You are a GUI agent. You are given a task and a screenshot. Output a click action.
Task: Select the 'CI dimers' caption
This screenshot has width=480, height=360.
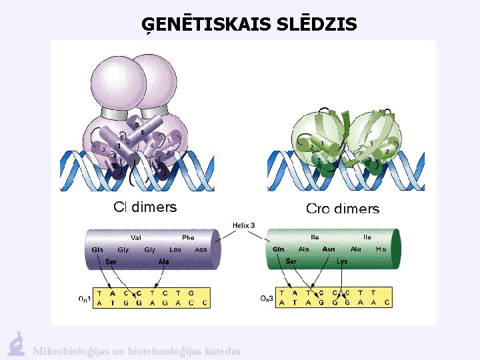point(145,207)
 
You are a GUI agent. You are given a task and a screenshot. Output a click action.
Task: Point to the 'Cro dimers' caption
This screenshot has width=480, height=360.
point(342,209)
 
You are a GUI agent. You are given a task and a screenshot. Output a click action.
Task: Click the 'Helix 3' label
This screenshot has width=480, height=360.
point(243,225)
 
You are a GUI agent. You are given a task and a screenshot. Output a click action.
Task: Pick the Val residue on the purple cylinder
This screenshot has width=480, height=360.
point(135,237)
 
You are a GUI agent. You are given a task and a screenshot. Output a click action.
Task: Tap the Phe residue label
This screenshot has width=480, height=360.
point(188,237)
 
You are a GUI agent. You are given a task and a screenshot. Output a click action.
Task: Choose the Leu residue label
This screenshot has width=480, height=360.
point(175,249)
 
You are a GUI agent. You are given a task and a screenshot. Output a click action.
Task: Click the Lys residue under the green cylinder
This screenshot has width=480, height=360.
point(343,261)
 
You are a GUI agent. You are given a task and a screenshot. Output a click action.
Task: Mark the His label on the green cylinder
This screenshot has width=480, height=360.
point(381,249)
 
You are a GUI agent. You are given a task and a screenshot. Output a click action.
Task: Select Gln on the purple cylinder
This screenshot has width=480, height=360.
point(98,249)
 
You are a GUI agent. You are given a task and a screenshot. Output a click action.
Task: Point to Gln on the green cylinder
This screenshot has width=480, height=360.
point(279,249)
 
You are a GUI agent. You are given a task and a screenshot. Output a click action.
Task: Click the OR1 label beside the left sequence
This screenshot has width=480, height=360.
point(84,297)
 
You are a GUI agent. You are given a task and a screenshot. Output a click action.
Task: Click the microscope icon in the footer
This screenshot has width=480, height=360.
point(17,343)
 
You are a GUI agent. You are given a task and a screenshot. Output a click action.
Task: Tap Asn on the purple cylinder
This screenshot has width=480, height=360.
point(201,249)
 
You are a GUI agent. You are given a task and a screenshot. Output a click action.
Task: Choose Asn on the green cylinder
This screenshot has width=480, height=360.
point(329,249)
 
